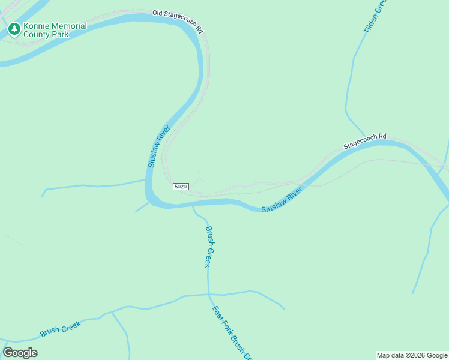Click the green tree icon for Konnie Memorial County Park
14,29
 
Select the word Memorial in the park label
68,26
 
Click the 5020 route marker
181,187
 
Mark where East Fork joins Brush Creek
209,295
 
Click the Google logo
20,353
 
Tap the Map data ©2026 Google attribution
412,355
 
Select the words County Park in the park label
46,35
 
